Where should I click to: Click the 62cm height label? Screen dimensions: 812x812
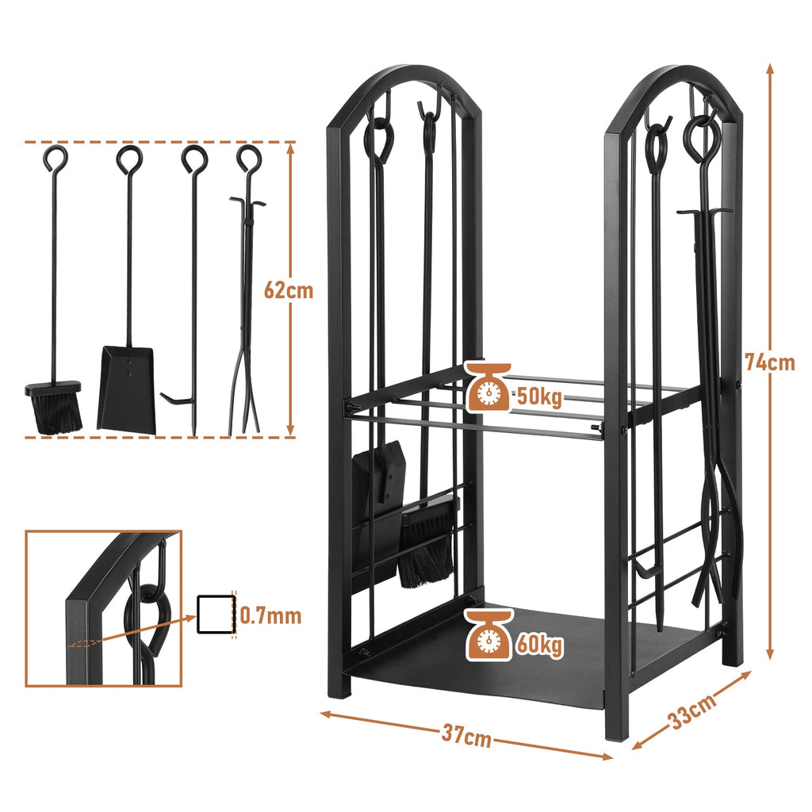coord(289,290)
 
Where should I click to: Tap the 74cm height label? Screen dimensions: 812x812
coord(769,362)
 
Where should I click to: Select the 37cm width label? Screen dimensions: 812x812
coord(466,735)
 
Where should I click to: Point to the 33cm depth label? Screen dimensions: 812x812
coord(692,711)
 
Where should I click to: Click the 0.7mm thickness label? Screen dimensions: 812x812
coord(270,615)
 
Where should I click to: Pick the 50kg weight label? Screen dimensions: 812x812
coord(539,397)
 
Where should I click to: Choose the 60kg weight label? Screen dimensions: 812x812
coord(539,645)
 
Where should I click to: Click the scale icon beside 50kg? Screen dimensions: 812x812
coord(488,387)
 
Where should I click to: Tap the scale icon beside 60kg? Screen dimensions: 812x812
coord(488,635)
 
